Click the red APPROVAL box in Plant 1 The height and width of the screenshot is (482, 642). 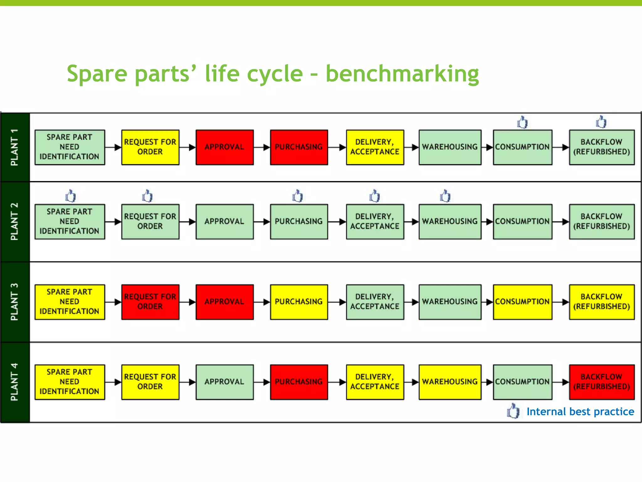(224, 147)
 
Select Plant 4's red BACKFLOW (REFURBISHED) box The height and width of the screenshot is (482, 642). (602, 382)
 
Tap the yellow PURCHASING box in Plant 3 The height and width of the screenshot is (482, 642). (299, 302)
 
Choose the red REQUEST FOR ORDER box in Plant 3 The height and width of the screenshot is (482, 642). (150, 302)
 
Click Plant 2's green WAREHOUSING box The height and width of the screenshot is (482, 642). (450, 222)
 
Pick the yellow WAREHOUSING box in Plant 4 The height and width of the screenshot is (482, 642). (450, 382)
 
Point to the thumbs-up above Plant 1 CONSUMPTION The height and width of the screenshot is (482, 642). (522, 122)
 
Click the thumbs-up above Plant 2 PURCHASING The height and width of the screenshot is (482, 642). (297, 196)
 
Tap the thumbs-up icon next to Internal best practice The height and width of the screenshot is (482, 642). (513, 411)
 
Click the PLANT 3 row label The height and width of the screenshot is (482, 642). (15, 302)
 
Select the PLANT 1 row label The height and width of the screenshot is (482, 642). (15, 147)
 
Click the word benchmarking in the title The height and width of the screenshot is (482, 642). (402, 74)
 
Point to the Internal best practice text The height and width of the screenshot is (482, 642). (580, 411)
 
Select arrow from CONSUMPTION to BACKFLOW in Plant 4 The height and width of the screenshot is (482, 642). (561, 382)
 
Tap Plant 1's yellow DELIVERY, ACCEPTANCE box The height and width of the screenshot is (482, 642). (375, 147)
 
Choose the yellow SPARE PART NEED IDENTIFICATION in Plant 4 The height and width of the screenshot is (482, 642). (70, 382)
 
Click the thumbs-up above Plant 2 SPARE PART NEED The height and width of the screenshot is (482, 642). (71, 196)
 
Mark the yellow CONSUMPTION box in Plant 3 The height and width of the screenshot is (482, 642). (522, 302)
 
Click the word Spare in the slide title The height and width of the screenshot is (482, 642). (97, 74)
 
